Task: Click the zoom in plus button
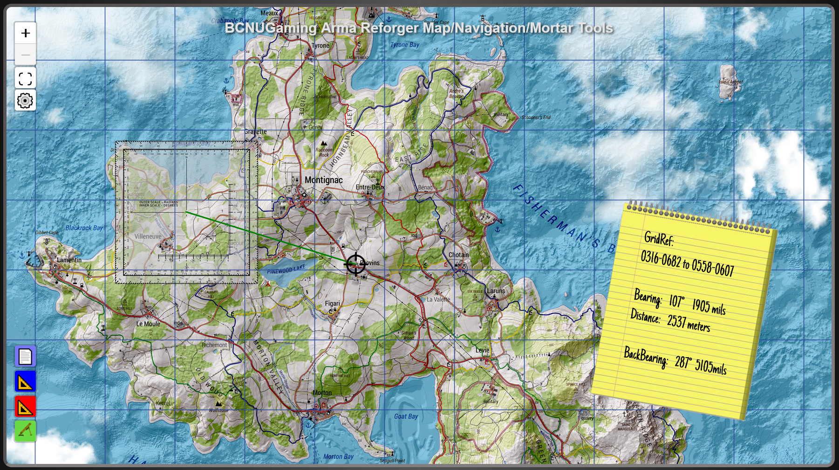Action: [x=25, y=33]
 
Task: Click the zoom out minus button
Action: [x=25, y=55]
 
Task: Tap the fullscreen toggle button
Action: [x=25, y=78]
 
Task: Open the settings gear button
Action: [x=25, y=100]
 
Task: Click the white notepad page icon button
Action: [x=25, y=357]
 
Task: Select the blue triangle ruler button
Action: [x=25, y=382]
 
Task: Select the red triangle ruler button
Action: [x=25, y=407]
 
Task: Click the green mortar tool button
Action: [x=25, y=431]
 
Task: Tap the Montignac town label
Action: [x=323, y=180]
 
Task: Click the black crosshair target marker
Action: [x=355, y=264]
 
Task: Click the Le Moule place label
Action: [x=148, y=324]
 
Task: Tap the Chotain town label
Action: [x=458, y=255]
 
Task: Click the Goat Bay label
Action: [x=406, y=416]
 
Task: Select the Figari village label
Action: [x=332, y=304]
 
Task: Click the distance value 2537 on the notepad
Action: [x=676, y=321]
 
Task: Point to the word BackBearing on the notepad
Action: [x=645, y=357]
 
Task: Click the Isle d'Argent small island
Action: [x=728, y=83]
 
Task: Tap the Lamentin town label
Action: [x=69, y=260]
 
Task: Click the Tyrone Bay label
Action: [x=404, y=45]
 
